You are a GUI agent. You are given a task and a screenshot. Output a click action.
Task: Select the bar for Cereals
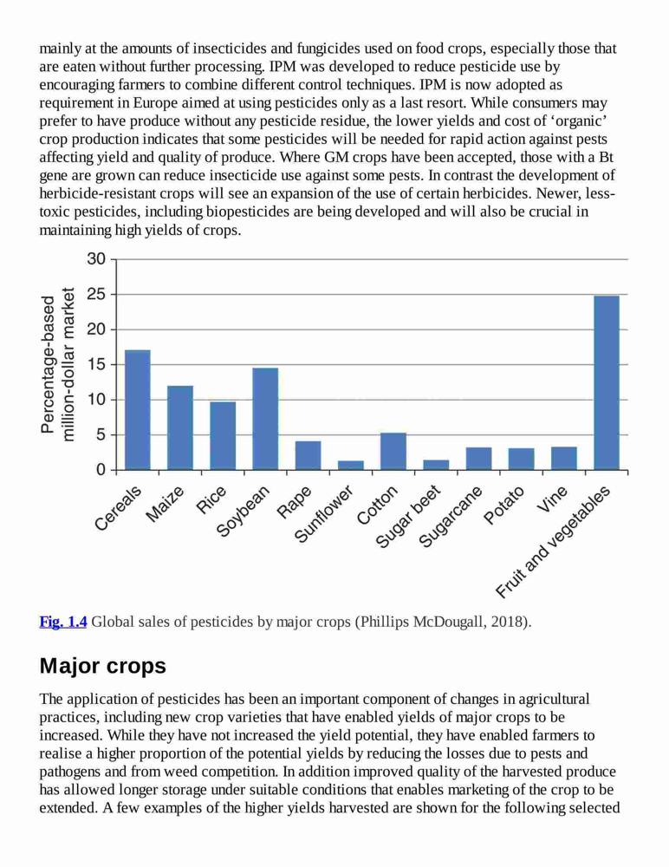click(x=138, y=410)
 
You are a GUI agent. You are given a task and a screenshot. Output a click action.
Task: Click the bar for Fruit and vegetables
click(x=607, y=382)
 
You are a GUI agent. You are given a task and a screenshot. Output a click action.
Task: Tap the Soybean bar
click(x=265, y=419)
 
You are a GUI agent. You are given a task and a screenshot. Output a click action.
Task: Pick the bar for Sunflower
click(x=351, y=465)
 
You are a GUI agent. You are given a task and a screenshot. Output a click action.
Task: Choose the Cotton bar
click(x=393, y=451)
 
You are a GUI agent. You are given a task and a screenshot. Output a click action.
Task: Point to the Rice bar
click(x=223, y=436)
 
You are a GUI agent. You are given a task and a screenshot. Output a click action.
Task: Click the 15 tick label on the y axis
click(x=96, y=364)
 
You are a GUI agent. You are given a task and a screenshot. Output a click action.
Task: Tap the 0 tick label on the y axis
click(x=100, y=470)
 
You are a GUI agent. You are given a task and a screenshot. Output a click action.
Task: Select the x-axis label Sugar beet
click(x=408, y=518)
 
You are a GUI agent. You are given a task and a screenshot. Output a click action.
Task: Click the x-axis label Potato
click(x=503, y=505)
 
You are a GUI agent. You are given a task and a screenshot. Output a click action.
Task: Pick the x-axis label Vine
click(x=552, y=499)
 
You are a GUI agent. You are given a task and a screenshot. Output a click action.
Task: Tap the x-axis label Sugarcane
click(x=451, y=518)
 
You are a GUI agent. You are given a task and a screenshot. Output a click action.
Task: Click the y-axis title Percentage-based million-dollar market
click(x=57, y=364)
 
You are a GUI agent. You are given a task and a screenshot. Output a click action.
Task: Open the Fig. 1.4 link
click(x=63, y=622)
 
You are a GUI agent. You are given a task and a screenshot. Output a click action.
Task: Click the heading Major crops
click(x=103, y=666)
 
